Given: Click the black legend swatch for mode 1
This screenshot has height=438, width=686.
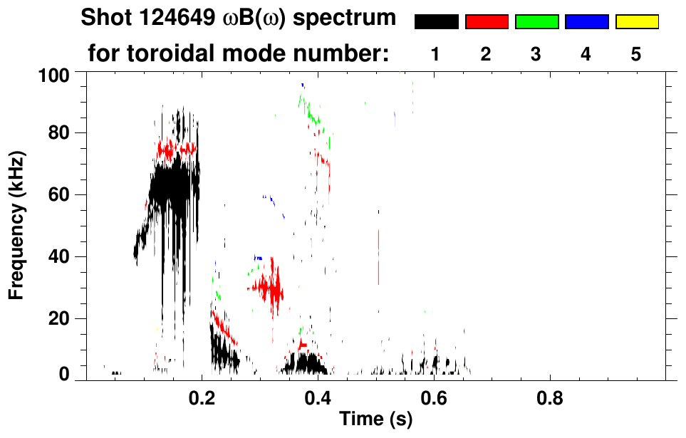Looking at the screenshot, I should point(437,22).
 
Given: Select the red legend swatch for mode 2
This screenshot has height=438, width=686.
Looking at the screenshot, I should point(487,22).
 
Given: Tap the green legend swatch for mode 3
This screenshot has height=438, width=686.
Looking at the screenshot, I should point(536,22).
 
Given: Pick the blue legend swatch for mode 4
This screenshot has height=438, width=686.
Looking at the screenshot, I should point(586,22).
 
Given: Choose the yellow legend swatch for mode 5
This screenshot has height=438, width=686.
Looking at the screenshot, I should point(636,22).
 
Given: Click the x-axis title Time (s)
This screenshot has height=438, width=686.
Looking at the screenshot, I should point(375,419).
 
